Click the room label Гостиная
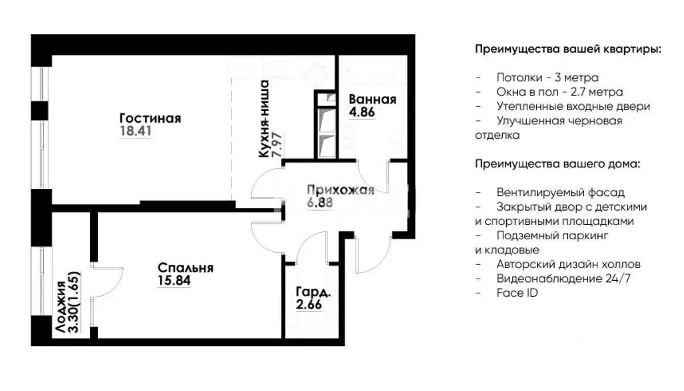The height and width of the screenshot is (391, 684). (150, 118)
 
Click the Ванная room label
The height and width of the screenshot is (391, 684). (372, 99)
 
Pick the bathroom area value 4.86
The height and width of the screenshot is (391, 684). (361, 112)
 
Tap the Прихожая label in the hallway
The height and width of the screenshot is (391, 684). (340, 190)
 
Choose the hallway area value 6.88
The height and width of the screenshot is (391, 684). (319, 202)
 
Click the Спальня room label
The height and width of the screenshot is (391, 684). (185, 268)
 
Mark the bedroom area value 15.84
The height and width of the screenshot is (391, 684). (174, 280)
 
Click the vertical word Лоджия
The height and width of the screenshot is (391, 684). (60, 306)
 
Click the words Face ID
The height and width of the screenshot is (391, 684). (517, 293)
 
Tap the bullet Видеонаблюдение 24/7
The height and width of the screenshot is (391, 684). (563, 279)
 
